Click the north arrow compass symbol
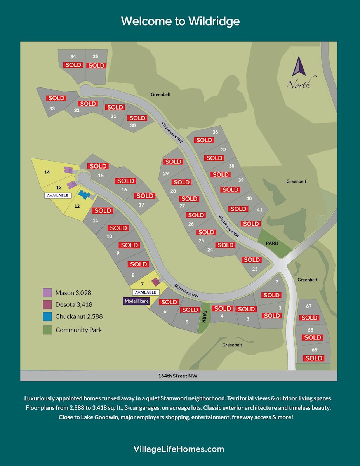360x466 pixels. [x=299, y=67]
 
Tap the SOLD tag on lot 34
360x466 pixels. [x=73, y=65]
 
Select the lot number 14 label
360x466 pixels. [x=47, y=172]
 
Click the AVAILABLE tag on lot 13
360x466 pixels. [x=57, y=195]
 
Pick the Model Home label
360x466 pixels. [x=137, y=301]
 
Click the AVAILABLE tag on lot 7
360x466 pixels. [x=146, y=292]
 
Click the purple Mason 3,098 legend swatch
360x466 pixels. [x=47, y=292]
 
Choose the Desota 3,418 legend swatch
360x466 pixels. [x=47, y=304]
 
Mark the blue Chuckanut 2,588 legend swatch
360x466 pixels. [x=47, y=316]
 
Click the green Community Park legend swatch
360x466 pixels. [x=47, y=330]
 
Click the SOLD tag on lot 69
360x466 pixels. [x=313, y=358]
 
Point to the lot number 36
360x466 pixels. [x=215, y=132]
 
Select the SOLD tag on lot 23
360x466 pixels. [x=252, y=260]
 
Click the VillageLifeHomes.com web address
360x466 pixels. [x=179, y=449]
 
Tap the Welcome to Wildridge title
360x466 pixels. [x=180, y=21]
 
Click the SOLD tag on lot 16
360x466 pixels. [x=125, y=181]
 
